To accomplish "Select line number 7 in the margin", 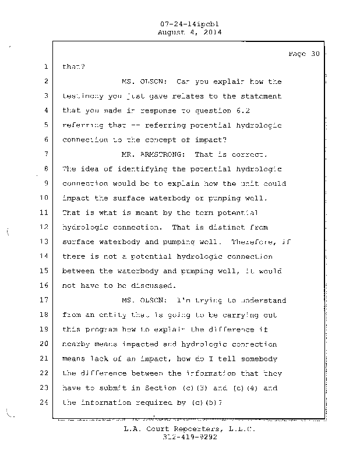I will [x=45, y=154].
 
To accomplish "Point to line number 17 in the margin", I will [x=45, y=301].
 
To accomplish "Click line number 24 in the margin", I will [x=45, y=402].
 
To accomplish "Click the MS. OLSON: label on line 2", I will [x=145, y=82].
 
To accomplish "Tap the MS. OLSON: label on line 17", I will [x=145, y=301].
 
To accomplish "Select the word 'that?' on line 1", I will [x=73, y=67].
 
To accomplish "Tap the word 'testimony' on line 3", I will [x=83, y=96].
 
